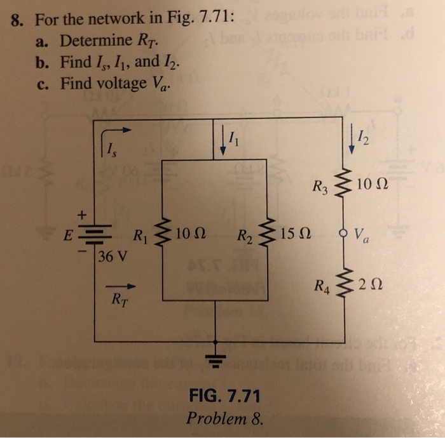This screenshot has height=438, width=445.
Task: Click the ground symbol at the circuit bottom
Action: point(219,360)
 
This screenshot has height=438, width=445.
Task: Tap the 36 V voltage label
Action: point(113,258)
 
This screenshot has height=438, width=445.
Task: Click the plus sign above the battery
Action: point(80,215)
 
